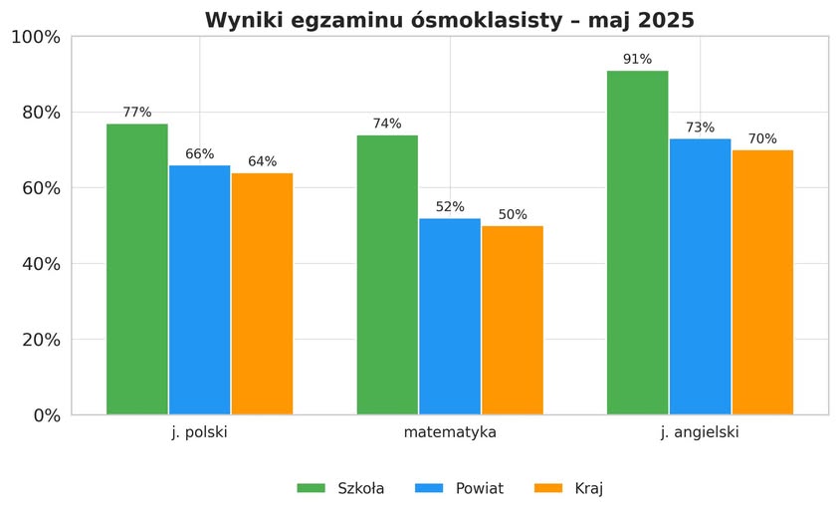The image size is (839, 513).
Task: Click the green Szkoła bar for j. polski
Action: pos(137,269)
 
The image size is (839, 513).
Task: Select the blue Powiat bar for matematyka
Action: pos(450,316)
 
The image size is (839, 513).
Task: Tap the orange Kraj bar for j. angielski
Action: pos(762,282)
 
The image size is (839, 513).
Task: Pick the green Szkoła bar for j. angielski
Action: pos(637,242)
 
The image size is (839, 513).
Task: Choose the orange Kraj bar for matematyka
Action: pos(513,320)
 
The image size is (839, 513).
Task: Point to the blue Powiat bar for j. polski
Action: pos(200,290)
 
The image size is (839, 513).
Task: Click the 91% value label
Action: pos(637,60)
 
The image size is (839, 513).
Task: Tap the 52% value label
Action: pos(450,207)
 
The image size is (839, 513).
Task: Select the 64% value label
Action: pos(263,161)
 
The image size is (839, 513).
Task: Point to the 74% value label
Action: pos(387,124)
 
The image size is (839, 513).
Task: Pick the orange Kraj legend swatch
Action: pos(549,488)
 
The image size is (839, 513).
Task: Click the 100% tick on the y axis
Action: pos(35,37)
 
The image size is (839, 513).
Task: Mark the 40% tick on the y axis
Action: pos(40,264)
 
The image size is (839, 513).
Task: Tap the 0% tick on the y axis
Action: pos(45,415)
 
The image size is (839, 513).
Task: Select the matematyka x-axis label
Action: pos(450,433)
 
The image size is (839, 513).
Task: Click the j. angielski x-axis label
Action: pos(700,433)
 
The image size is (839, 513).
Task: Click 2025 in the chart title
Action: pos(665,20)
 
